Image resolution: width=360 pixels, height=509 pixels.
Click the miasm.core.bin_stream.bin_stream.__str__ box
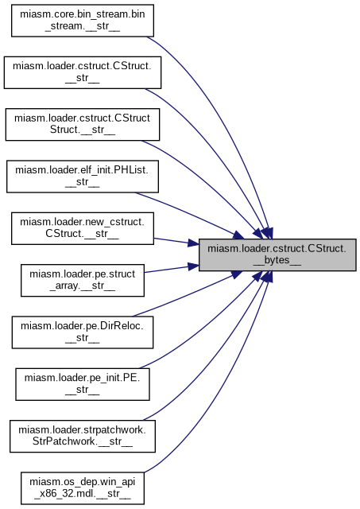pos(83,21)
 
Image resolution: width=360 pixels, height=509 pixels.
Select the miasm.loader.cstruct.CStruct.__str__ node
pos(83,72)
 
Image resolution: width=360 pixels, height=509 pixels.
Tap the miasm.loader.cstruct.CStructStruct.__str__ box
pos(83,124)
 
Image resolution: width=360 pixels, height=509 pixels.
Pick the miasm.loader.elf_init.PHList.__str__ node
pos(83,177)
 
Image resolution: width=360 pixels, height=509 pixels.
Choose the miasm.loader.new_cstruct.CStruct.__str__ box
pos(83,228)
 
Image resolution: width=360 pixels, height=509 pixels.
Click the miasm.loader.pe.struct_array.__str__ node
pos(83,280)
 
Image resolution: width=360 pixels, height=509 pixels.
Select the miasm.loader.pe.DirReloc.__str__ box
pos(83,332)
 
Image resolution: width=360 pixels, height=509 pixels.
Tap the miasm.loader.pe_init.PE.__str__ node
pos(83,384)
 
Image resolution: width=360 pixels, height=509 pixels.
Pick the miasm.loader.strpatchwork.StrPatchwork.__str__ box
pos(83,436)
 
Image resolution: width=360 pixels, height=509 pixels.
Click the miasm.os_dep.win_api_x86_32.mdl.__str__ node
pos(83,488)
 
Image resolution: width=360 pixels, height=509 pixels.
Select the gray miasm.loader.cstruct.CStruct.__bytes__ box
pos(277,254)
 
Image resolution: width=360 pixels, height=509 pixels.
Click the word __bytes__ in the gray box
pos(277,260)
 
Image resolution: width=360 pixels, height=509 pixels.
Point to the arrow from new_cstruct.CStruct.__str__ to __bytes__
pos(176,242)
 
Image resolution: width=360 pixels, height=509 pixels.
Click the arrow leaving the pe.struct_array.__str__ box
pos(171,269)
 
